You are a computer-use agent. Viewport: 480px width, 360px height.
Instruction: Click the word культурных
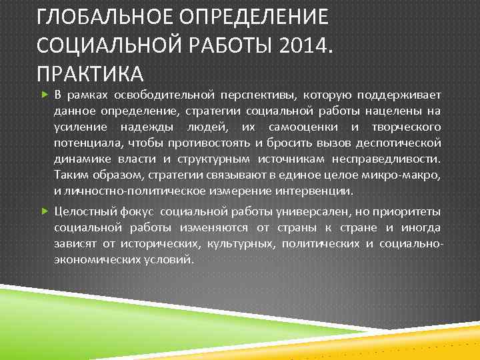(x=241, y=243)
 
